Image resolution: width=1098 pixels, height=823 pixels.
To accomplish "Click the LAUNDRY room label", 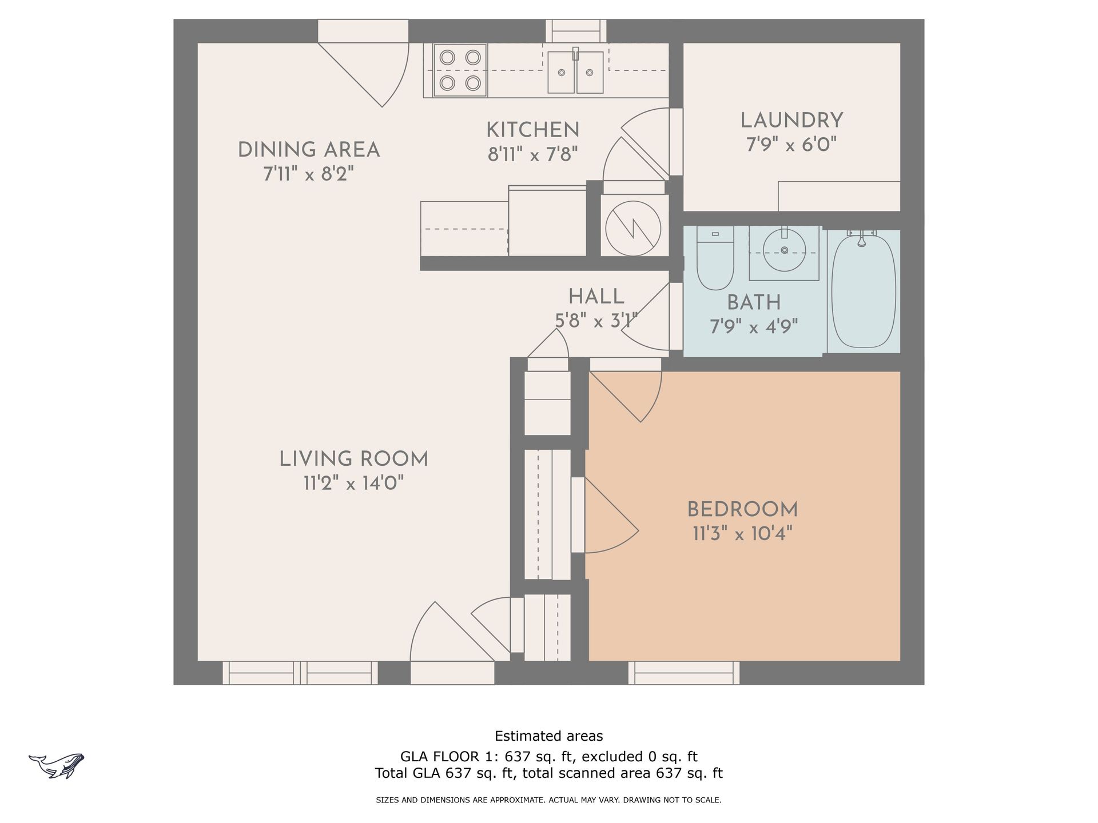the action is coord(791,121).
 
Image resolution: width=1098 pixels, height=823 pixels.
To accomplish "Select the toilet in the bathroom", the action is coord(715,258).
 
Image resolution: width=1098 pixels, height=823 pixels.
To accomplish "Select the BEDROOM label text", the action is coord(742,509).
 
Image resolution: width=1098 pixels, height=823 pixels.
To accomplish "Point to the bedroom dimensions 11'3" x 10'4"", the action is coord(742,534).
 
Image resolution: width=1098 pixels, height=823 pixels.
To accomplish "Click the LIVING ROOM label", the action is coord(353,459).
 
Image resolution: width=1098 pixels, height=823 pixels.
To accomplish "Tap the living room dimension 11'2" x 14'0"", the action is coord(353,484).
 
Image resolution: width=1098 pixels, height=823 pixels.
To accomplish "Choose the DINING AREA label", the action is coord(309,150).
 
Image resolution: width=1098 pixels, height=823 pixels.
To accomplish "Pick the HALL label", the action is coord(596,297).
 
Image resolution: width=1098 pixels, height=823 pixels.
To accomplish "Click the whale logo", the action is coord(57,765).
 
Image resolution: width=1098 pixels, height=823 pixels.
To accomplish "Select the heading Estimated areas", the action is coord(549,736).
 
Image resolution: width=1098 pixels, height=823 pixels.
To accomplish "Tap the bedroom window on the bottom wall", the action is coord(684,673).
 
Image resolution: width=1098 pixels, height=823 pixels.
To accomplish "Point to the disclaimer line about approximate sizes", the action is coord(549,800).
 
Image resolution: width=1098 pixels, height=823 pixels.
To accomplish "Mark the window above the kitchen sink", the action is coord(576,31).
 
